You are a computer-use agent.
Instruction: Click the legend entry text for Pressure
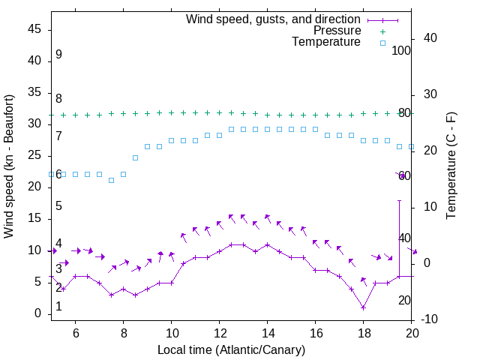pos(337,31)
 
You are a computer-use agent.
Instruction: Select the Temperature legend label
pos(326,42)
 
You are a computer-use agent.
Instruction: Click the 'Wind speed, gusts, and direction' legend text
pos(274,19)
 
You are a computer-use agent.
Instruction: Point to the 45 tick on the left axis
pos(35,29)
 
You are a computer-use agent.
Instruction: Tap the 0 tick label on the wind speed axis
pos(38,313)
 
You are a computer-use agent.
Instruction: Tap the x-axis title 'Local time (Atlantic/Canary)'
pos(231,349)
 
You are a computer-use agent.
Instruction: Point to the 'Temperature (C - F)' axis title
pos(451,166)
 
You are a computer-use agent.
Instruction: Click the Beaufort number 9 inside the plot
pos(58,55)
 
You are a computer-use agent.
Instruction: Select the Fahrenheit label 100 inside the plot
pos(401,50)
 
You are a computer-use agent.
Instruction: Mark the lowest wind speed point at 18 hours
pos(363,307)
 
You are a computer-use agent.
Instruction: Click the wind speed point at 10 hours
pos(171,283)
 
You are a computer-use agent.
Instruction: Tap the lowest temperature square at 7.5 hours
pos(111,180)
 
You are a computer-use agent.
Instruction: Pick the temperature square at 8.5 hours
pos(135,157)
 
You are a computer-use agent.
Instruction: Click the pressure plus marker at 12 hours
pos(219,112)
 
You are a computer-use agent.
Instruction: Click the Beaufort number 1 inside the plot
pos(58,307)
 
